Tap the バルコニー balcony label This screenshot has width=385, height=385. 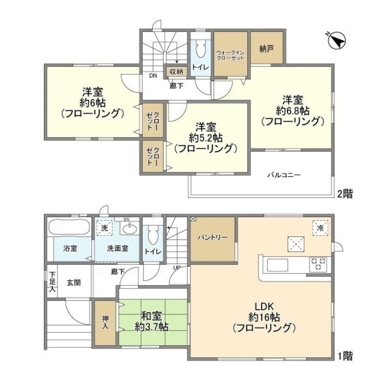pyautogui.click(x=284, y=175)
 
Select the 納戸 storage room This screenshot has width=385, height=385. pyautogui.click(x=267, y=48)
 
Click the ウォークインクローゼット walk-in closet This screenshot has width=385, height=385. pyautogui.click(x=230, y=54)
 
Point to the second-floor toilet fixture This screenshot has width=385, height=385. pyautogui.click(x=200, y=50)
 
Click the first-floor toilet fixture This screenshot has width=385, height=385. pyautogui.click(x=152, y=235)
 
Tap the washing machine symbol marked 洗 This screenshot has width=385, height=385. pyautogui.click(x=104, y=227)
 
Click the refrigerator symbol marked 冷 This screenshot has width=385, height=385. pyautogui.click(x=320, y=227)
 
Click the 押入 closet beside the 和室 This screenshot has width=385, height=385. pyautogui.click(x=105, y=323)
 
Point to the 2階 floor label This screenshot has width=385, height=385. pyautogui.click(x=345, y=194)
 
